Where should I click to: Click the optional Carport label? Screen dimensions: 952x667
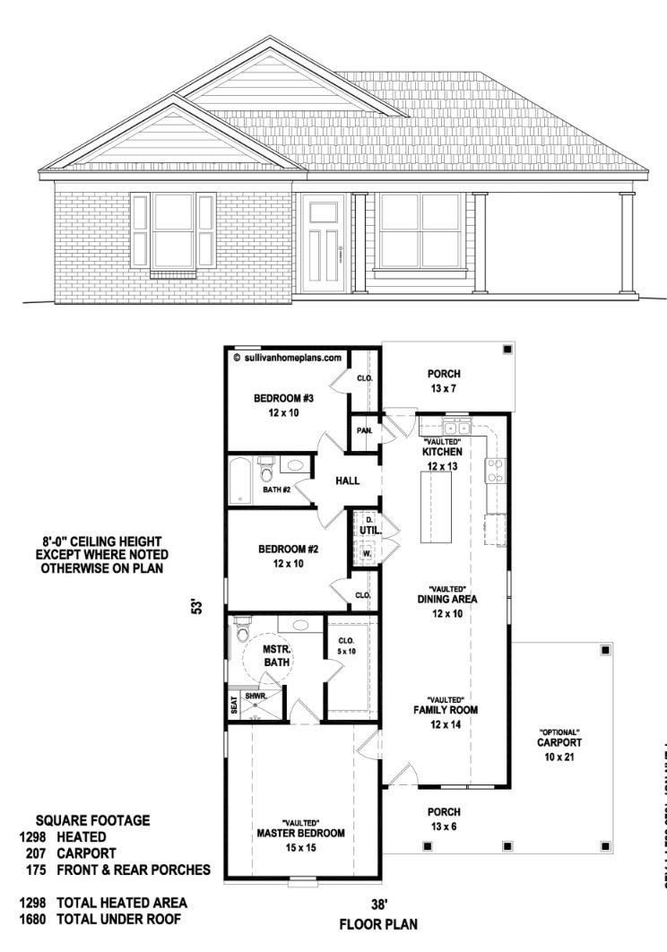(559, 743)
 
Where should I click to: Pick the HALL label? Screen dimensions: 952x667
(348, 481)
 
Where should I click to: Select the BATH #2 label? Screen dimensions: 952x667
(276, 490)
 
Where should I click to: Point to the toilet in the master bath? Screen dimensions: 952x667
(241, 631)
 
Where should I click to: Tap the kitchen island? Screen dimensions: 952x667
(437, 506)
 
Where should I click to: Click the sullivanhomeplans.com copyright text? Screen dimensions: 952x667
(287, 356)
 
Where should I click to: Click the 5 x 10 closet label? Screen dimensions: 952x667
(347, 645)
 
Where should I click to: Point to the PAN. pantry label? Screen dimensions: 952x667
(365, 431)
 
